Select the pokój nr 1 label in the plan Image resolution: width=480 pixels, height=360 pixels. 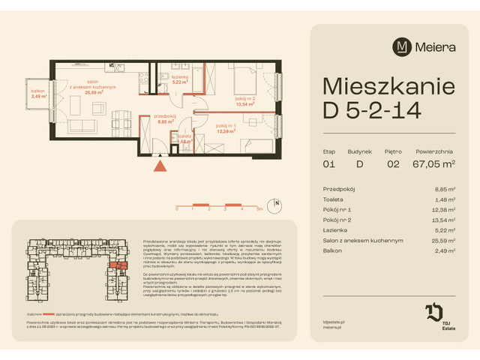(x=226, y=126)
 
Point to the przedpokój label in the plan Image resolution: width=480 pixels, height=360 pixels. (x=165, y=116)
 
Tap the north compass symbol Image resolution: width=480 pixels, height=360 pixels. (x=277, y=203)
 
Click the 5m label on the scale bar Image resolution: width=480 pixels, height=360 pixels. (x=259, y=209)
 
